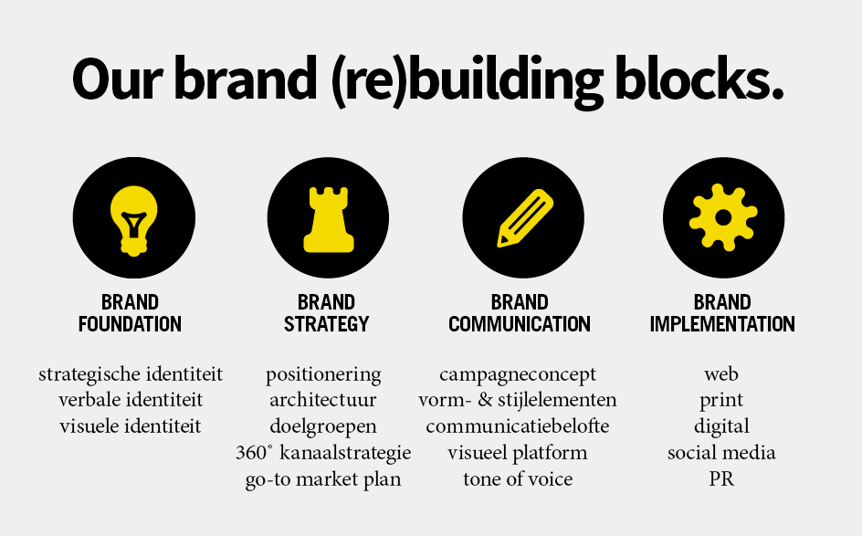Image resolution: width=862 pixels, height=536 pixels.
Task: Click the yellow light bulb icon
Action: [133, 220]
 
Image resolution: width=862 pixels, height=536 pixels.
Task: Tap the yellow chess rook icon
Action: [328, 219]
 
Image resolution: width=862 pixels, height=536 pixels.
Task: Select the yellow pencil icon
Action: [524, 218]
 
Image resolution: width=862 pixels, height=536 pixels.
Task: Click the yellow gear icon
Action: [723, 217]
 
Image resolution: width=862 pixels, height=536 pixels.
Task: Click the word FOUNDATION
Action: [130, 324]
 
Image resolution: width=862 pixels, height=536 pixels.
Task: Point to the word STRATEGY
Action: [327, 324]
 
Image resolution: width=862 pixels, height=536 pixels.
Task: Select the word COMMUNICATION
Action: [520, 324]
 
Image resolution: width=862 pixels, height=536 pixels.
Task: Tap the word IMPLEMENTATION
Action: [722, 324]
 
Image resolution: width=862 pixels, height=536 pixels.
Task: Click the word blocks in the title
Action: [699, 79]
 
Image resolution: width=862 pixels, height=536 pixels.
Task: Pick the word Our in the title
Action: [118, 80]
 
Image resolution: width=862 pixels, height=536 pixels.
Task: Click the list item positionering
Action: [323, 375]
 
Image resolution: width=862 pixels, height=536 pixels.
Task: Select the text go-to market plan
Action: [323, 480]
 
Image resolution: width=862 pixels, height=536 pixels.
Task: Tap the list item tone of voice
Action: [518, 478]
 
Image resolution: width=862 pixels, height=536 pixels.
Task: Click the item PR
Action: [721, 478]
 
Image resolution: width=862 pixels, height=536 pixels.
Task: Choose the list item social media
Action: [721, 452]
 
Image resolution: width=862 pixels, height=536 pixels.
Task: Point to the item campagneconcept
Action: [518, 375]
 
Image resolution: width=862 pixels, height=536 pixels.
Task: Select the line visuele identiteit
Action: [131, 426]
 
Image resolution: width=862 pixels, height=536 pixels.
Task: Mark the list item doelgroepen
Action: [323, 427]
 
